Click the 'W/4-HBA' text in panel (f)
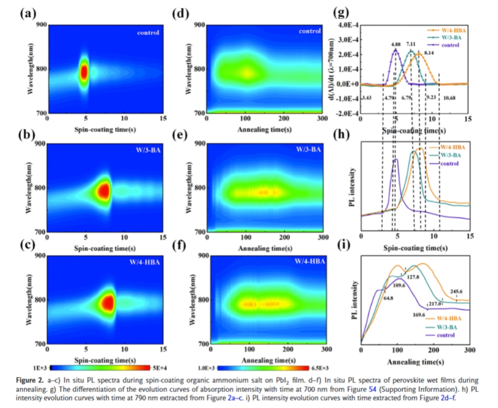[316, 261]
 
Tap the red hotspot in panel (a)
[85, 72]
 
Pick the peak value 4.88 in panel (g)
[395, 44]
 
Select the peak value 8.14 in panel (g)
[429, 53]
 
